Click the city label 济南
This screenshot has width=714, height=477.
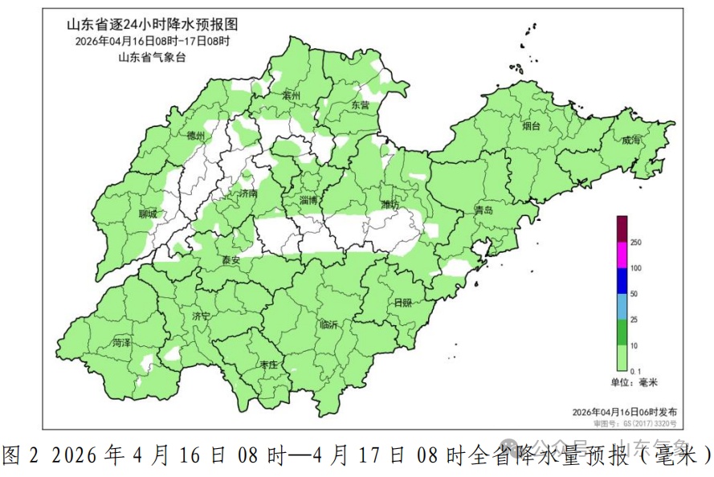pos(248,194)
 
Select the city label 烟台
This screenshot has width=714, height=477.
pos(531,126)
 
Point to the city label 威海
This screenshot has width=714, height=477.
pos(631,140)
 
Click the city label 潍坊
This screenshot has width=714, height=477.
pos(390,205)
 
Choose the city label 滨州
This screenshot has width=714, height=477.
pos(291,96)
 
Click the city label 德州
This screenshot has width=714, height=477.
pos(196,136)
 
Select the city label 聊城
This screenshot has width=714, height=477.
pos(149,214)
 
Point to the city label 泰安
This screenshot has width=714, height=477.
pos(231,260)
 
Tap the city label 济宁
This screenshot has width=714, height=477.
pos(201,316)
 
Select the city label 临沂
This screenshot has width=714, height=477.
pos(329,324)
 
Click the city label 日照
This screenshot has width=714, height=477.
pos(402,302)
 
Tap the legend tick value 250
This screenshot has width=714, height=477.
pos(636,243)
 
